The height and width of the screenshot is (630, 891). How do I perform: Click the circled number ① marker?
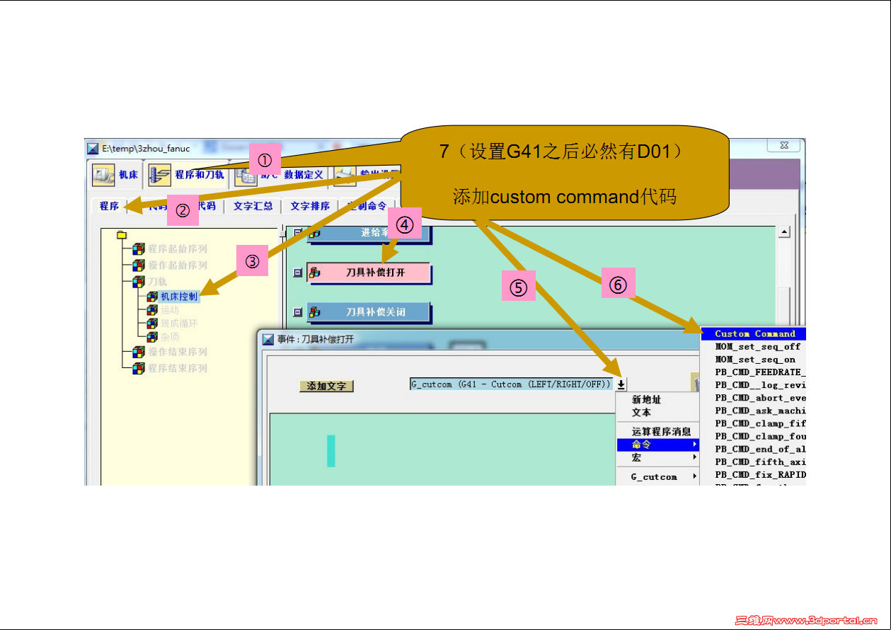(265, 158)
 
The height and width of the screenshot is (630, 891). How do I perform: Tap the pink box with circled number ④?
(403, 224)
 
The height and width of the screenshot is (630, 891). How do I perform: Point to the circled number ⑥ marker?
(618, 285)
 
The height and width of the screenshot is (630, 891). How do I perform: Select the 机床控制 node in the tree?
(178, 297)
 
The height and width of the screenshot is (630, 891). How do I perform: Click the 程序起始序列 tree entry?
(177, 248)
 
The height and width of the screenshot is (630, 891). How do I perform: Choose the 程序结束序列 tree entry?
(177, 368)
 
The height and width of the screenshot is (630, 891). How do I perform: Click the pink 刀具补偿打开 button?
(375, 273)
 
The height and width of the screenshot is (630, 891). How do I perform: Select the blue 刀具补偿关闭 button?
(375, 312)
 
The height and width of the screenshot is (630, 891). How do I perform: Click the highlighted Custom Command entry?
(754, 334)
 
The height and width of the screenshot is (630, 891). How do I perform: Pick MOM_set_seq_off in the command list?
(757, 347)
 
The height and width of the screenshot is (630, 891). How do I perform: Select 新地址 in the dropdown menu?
(646, 400)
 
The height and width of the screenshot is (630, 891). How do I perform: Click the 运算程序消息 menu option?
(661, 431)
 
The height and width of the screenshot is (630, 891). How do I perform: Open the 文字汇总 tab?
(253, 206)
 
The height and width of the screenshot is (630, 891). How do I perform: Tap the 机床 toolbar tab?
(116, 174)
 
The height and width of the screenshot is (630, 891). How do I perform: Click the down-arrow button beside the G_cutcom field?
(621, 384)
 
